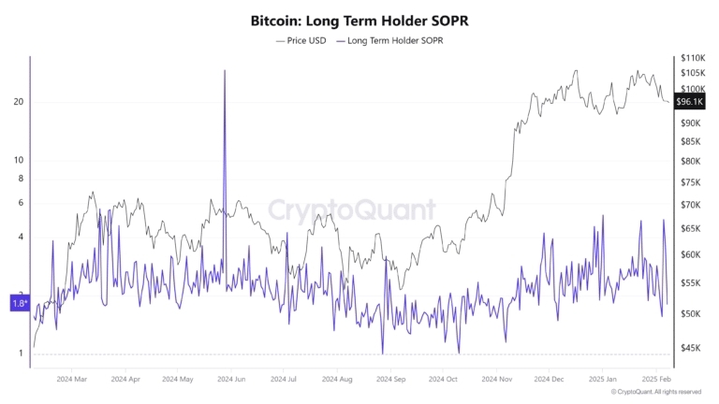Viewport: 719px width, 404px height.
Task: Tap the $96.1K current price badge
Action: (689, 101)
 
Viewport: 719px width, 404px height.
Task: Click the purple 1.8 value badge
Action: (20, 303)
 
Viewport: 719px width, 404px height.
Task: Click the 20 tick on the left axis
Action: (18, 102)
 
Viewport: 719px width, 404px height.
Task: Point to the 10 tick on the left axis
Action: (18, 160)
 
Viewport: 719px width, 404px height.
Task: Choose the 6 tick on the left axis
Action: (20, 203)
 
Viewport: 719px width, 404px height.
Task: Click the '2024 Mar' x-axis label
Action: (72, 380)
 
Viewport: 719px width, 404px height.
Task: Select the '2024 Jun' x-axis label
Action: (231, 380)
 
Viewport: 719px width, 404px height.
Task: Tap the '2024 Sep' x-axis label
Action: (390, 380)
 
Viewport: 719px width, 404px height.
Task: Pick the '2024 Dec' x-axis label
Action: (550, 380)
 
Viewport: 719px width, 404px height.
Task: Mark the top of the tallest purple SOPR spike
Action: (225, 71)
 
